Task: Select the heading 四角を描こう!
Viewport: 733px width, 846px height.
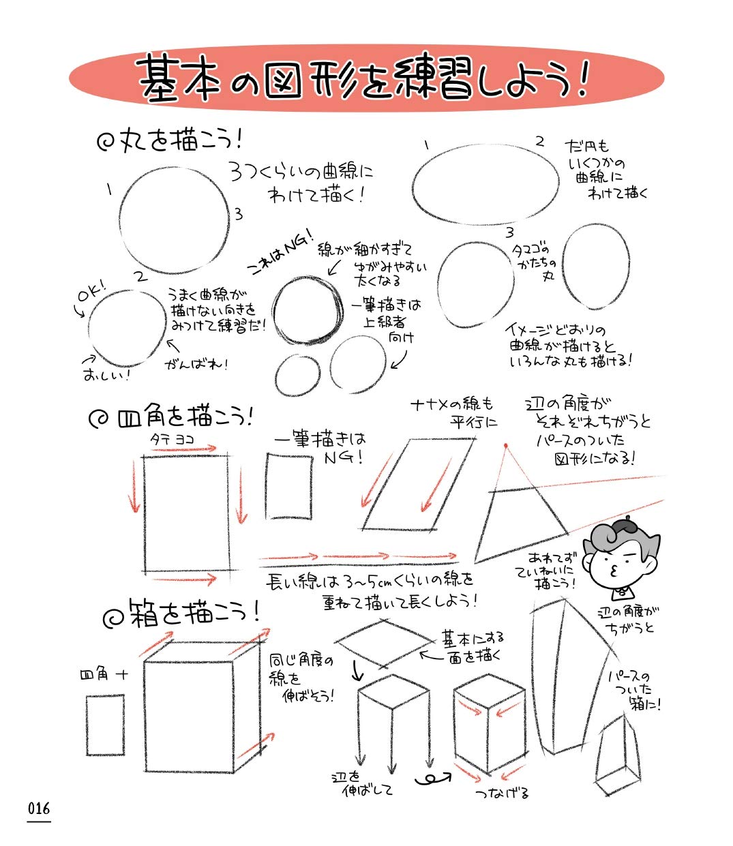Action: pos(170,417)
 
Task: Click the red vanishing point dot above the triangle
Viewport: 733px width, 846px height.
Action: pos(505,446)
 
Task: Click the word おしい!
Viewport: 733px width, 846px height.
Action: pos(106,374)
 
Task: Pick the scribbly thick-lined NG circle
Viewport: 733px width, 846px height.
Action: pos(307,309)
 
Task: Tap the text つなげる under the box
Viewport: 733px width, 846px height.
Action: pos(503,793)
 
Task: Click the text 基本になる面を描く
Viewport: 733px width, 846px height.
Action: pos(473,646)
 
